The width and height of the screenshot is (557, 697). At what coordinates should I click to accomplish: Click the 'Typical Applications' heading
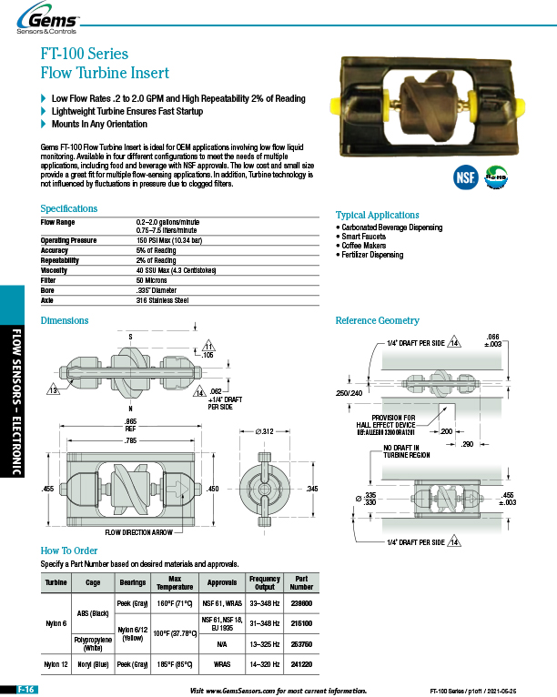click(377, 215)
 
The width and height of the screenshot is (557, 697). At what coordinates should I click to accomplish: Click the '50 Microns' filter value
click(154, 279)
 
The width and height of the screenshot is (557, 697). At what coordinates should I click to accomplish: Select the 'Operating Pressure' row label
click(68, 240)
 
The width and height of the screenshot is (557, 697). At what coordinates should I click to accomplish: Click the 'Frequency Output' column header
click(264, 582)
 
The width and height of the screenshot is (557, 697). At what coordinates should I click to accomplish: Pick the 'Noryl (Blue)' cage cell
click(92, 664)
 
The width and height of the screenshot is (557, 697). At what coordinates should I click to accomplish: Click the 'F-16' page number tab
click(25, 691)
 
